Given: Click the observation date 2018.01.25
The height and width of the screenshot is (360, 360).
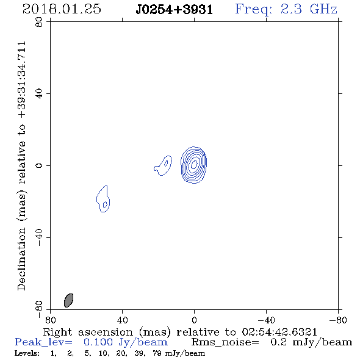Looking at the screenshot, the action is pyautogui.click(x=62, y=9).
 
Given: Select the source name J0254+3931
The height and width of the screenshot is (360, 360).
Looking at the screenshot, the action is pyautogui.click(x=175, y=10).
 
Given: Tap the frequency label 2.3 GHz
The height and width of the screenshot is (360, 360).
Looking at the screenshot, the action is pyautogui.click(x=309, y=9).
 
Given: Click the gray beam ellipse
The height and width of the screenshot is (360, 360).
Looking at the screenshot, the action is pyautogui.click(x=68, y=300).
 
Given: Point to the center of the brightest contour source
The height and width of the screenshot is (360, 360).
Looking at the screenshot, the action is pyautogui.click(x=194, y=165).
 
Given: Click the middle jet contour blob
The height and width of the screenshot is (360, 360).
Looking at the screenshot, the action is pyautogui.click(x=164, y=165).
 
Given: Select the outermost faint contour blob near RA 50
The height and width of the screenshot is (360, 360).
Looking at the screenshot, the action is pyautogui.click(x=103, y=200).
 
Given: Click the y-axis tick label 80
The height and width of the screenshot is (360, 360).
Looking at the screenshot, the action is pyautogui.click(x=39, y=22).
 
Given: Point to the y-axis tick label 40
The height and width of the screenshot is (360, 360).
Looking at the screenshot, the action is pyautogui.click(x=39, y=94).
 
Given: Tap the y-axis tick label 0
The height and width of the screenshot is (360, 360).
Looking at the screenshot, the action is pyautogui.click(x=39, y=165).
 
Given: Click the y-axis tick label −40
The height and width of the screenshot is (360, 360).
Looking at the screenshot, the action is pyautogui.click(x=39, y=237).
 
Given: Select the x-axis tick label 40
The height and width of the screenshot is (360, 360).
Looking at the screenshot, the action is pyautogui.click(x=122, y=320).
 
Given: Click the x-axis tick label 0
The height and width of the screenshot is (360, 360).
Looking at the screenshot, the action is pyautogui.click(x=194, y=320).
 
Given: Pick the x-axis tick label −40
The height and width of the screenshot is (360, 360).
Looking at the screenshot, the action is pyautogui.click(x=266, y=320).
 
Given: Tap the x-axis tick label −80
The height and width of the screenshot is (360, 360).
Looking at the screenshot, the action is pyautogui.click(x=338, y=320).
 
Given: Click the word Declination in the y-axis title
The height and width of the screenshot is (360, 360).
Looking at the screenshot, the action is pyautogui.click(x=21, y=259).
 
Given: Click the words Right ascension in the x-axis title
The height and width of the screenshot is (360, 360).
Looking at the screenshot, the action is pyautogui.click(x=88, y=333).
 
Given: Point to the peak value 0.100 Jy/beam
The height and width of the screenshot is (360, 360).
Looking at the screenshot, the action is pyautogui.click(x=126, y=342).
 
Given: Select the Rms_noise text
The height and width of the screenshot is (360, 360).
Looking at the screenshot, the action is pyautogui.click(x=225, y=342).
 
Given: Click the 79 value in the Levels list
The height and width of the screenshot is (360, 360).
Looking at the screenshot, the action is pyautogui.click(x=157, y=353).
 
